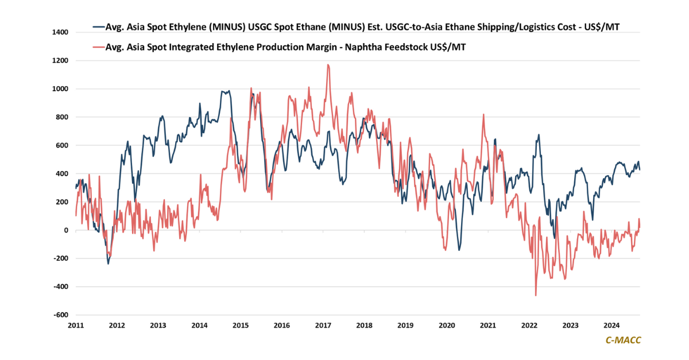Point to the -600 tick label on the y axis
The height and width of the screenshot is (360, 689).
pyautogui.click(x=60, y=315)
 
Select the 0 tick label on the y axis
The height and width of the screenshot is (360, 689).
pyautogui.click(x=66, y=230)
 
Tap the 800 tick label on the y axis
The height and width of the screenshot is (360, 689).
pyautogui.click(x=61, y=117)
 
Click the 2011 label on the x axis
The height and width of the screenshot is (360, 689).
pyautogui.click(x=76, y=326)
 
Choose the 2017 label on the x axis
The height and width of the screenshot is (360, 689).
pyautogui.click(x=323, y=326)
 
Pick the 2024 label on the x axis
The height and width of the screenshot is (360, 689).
pyautogui.click(x=612, y=326)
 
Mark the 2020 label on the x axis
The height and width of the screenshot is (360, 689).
pyautogui.click(x=447, y=326)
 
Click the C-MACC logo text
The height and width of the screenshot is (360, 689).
pyautogui.click(x=624, y=340)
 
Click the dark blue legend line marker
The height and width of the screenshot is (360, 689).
pyautogui.click(x=97, y=27)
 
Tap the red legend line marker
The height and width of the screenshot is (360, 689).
pyautogui.click(x=97, y=48)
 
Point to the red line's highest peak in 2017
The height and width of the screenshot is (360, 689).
pyautogui.click(x=328, y=65)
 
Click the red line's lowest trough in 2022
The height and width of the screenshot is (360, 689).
pyautogui.click(x=536, y=295)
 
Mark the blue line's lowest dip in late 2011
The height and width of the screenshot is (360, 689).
pyautogui.click(x=108, y=264)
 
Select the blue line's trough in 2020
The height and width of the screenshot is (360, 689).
pyautogui.click(x=459, y=250)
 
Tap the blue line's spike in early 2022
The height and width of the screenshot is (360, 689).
pyautogui.click(x=539, y=135)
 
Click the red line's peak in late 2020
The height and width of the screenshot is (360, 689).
pyautogui.click(x=483, y=114)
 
